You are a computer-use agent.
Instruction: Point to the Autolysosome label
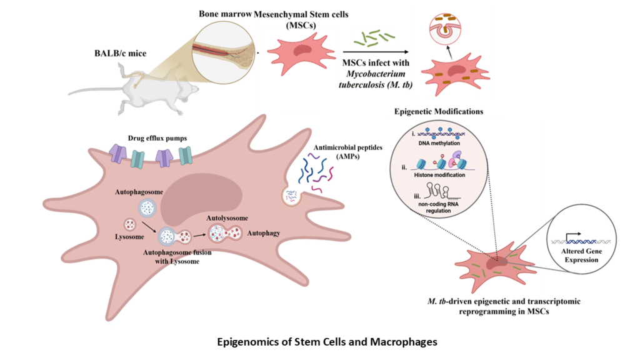(227, 218)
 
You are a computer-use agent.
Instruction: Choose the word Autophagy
(262, 234)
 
